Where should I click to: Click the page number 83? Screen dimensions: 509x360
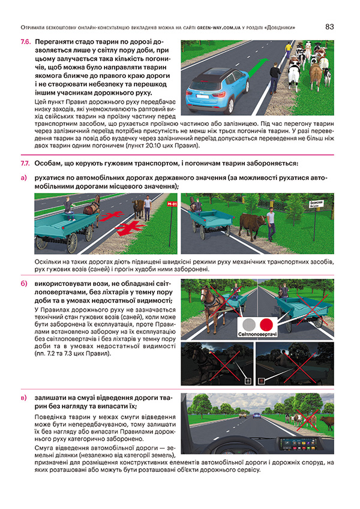point(329,26)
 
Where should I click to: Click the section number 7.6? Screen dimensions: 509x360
point(25,43)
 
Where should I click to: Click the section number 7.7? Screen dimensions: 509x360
point(25,163)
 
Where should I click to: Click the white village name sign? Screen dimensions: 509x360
point(316,204)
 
